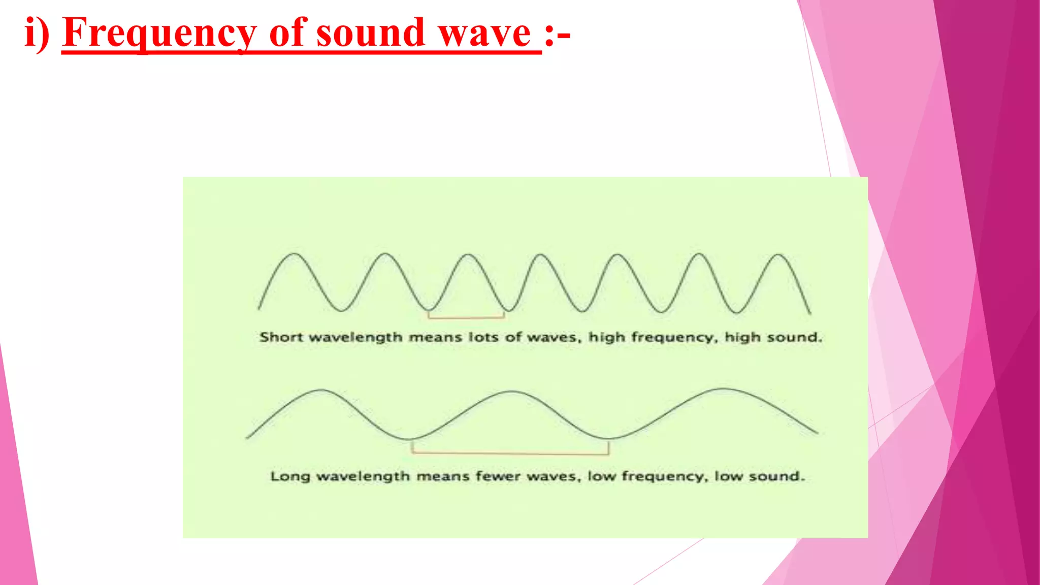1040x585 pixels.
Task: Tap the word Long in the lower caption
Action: pos(290,476)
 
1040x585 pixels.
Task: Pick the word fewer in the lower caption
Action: pos(498,476)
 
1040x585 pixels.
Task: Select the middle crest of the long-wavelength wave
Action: pos(511,392)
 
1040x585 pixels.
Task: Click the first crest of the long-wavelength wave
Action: pos(321,390)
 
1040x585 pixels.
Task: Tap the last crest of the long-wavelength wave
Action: pos(723,389)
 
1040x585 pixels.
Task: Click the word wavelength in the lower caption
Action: pos(363,477)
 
